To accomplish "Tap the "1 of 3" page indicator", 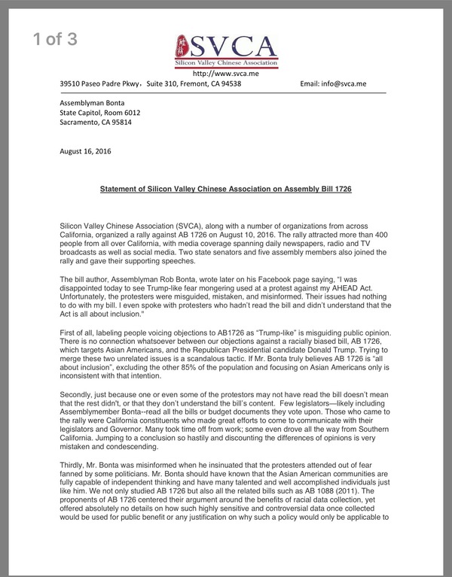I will click(56, 41).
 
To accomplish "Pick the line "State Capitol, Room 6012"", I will click(100, 113).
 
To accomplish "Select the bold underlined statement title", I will click(226, 190).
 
